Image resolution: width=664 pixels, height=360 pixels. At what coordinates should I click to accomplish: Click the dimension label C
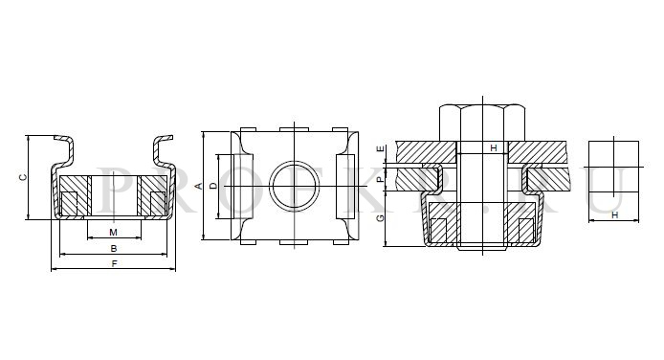click(x=23, y=177)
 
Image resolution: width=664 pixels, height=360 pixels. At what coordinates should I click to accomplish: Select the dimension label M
click(x=113, y=233)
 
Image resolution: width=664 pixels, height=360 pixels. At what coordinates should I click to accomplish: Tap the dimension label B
click(x=114, y=249)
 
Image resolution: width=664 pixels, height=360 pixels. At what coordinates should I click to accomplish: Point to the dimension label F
click(x=114, y=264)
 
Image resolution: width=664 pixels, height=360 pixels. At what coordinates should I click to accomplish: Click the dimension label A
click(x=198, y=186)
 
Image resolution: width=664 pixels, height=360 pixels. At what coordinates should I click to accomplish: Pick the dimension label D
click(x=213, y=186)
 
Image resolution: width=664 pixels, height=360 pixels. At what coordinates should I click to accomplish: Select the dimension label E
click(x=381, y=148)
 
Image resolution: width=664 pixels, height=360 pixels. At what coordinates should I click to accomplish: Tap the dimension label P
click(x=381, y=179)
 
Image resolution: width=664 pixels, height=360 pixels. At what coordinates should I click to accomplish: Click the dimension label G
click(x=381, y=217)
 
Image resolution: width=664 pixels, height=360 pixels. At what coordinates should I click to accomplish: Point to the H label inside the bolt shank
click(x=494, y=148)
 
